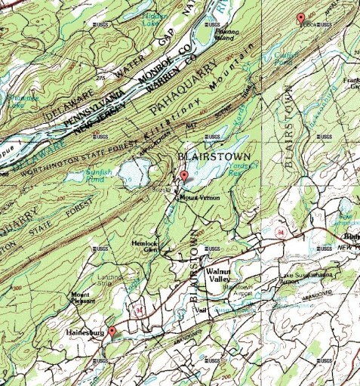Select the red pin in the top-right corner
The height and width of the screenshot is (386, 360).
(x=300, y=18)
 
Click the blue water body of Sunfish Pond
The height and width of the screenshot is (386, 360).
(x=121, y=171)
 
